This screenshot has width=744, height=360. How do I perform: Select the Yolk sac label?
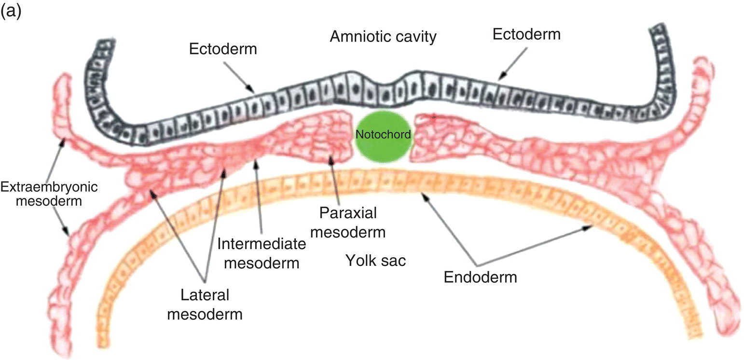pos(376,261)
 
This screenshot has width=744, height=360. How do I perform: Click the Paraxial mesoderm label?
pos(348,222)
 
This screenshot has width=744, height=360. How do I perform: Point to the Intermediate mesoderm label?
pos(262,253)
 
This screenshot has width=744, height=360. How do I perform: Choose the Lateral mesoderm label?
pos(206,305)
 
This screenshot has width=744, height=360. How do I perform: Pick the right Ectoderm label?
pos(527,35)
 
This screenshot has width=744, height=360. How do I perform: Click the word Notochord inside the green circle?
pos(383,135)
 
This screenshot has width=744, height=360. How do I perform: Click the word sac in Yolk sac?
pos(395,261)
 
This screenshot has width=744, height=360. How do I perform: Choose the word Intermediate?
pos(262,244)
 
